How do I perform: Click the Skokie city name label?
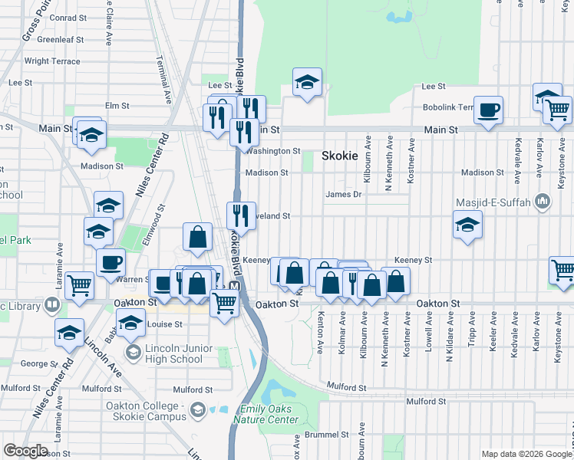coord(339,155)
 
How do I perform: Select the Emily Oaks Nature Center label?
coord(269,415)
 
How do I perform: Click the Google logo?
coord(25,451)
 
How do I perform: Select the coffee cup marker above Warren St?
coord(111,261)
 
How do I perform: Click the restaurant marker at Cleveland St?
coord(241,214)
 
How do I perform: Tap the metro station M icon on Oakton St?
coord(235,287)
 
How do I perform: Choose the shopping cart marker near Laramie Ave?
coord(80,285)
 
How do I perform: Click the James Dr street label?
coord(343,194)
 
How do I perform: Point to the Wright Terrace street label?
coord(52,61)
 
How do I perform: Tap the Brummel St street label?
coord(328,434)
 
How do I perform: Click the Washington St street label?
coord(272,151)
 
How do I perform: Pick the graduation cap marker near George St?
coord(69,333)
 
